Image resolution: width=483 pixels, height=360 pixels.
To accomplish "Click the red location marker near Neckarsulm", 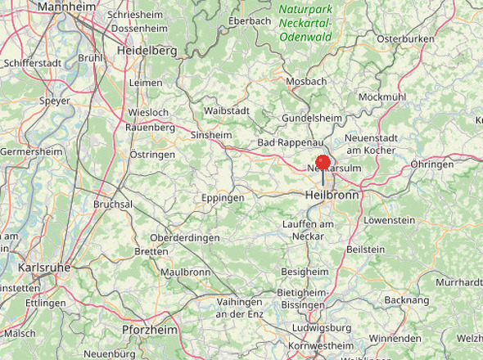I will [x=323, y=162].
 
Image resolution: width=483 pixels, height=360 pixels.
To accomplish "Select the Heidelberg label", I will [x=147, y=51].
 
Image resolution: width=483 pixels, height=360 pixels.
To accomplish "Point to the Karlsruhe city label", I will [x=44, y=268].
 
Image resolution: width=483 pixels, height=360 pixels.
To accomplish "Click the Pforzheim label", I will [x=149, y=330].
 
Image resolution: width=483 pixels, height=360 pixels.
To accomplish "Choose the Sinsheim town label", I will [x=210, y=135].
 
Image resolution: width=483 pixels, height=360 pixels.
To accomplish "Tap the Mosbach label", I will [x=306, y=81].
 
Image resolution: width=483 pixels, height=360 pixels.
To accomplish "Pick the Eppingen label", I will [x=223, y=198].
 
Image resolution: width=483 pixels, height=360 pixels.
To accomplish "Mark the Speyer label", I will [x=55, y=101].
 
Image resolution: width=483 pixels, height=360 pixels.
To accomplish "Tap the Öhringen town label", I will [x=432, y=164].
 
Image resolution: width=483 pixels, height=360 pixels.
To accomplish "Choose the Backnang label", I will [x=406, y=300].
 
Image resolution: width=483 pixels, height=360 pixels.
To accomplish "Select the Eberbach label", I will [x=250, y=20].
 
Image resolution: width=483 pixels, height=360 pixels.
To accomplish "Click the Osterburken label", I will [x=404, y=38].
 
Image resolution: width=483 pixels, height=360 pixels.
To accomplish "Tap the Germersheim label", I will [x=30, y=151].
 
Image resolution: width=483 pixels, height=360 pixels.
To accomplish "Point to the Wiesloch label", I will [x=148, y=112].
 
